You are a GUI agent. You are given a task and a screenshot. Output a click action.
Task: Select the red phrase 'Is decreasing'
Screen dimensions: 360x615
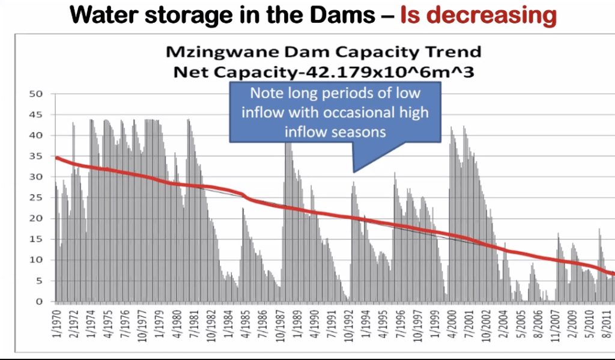point(478,14)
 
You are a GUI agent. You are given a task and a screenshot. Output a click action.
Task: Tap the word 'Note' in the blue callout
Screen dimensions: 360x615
point(265,94)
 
